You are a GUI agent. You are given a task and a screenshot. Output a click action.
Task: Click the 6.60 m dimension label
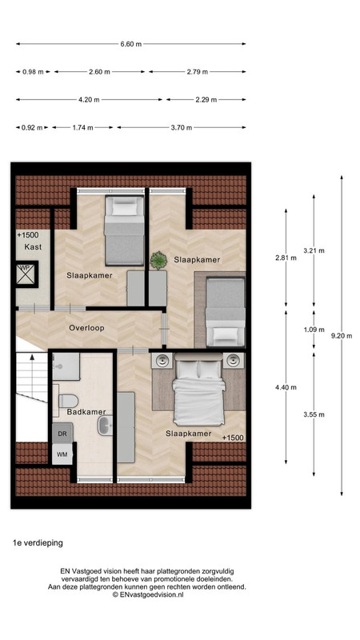click(x=131, y=44)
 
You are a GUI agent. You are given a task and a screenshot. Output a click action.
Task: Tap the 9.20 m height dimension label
click(x=342, y=336)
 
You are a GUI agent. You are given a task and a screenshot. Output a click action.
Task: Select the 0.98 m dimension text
click(x=33, y=72)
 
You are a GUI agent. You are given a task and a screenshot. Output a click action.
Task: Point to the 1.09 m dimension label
click(x=314, y=330)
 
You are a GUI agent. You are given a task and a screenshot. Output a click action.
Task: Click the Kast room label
click(x=33, y=247)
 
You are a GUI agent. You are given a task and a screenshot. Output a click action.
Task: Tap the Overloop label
click(x=86, y=328)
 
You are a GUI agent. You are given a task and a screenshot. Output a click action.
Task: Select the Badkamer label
click(x=86, y=412)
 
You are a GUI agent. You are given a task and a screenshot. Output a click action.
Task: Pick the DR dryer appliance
click(x=62, y=434)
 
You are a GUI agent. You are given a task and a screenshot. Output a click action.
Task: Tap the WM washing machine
click(x=62, y=454)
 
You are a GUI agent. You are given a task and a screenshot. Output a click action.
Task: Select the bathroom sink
click(x=106, y=426)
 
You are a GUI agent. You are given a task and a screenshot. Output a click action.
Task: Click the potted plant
click(x=158, y=261)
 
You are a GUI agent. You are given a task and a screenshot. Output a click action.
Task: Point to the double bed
click(x=198, y=390)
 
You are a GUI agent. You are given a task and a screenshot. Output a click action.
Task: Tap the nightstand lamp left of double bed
click(x=163, y=361)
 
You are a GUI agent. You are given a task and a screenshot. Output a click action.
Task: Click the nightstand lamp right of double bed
click(x=233, y=361)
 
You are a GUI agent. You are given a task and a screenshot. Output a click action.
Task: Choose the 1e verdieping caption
click(x=38, y=543)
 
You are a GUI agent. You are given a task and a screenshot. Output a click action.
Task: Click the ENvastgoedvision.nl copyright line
click(x=148, y=594)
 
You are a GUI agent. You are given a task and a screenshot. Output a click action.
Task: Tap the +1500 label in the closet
click(x=27, y=235)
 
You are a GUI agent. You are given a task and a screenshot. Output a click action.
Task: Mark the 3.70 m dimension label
click(x=182, y=128)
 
